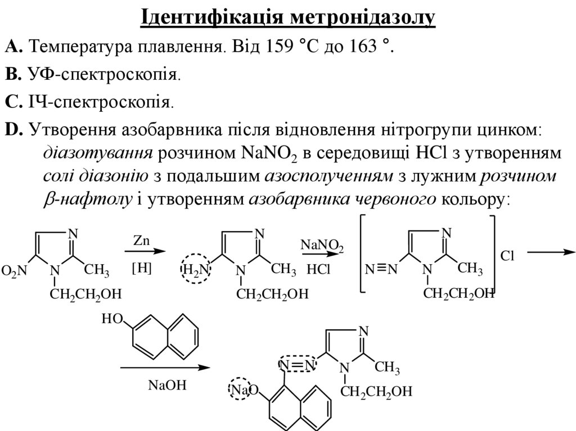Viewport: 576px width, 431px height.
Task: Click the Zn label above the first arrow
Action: [x=141, y=240]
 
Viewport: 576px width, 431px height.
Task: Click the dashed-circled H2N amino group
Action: [x=195, y=270]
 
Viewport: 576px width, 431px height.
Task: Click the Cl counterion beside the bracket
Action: [x=508, y=256]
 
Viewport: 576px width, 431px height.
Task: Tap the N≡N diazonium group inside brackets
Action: [x=381, y=271]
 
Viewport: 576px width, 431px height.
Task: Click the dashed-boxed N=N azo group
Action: [x=298, y=365]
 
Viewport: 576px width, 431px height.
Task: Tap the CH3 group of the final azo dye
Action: [x=388, y=369]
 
